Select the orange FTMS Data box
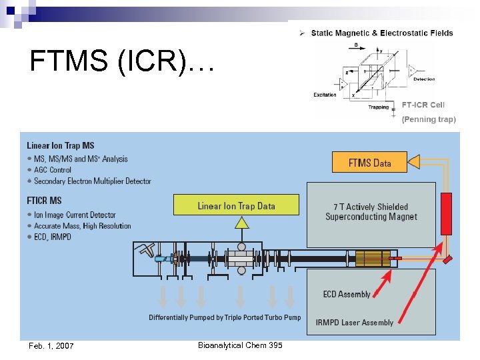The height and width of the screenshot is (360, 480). [369, 162]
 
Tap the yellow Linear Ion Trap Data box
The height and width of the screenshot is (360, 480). [236, 205]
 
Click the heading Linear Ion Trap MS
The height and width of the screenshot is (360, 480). [61, 145]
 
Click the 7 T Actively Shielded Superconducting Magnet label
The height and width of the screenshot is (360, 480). [371, 212]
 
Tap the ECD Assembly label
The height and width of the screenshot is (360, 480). [346, 295]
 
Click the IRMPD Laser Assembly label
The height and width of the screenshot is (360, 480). [354, 323]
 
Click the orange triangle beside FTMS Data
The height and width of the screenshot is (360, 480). [414, 162]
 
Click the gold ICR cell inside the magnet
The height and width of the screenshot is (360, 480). [373, 258]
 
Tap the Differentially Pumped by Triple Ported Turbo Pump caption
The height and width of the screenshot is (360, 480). [225, 317]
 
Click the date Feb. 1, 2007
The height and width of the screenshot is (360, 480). [51, 345]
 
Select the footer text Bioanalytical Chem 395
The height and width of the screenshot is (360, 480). [240, 345]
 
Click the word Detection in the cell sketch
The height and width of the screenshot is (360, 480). [423, 79]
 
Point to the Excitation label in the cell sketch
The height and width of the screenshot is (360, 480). [325, 95]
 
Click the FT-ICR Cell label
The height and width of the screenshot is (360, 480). [423, 105]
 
